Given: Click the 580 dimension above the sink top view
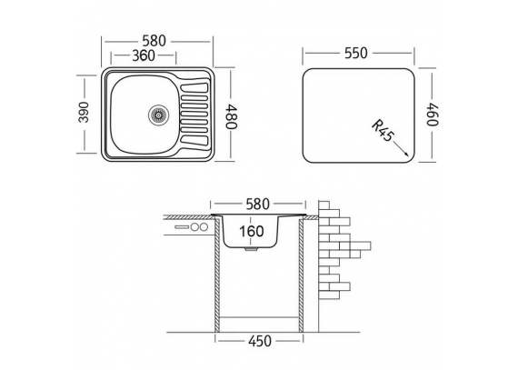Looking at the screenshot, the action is [154, 41].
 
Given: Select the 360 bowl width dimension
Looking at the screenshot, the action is [144, 55].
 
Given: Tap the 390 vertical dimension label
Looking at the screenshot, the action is [84, 113].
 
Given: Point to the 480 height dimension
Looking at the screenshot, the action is [231, 116].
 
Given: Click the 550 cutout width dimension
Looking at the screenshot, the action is [356, 54].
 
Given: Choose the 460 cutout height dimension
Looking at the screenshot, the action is [433, 115].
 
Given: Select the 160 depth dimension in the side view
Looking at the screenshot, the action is [252, 231].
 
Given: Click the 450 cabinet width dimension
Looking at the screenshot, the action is [260, 341].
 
